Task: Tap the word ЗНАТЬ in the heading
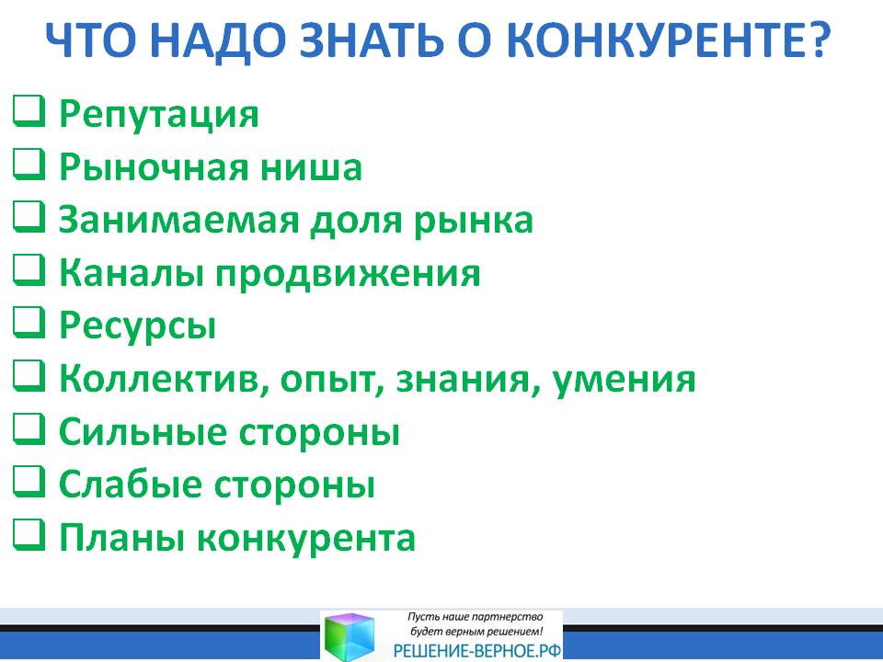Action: click(371, 40)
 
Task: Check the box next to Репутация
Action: click(29, 111)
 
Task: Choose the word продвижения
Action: click(348, 274)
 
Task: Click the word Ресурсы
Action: click(137, 326)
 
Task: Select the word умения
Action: click(624, 381)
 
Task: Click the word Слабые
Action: click(130, 485)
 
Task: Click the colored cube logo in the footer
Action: click(350, 636)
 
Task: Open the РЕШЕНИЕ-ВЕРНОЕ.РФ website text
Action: click(477, 651)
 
